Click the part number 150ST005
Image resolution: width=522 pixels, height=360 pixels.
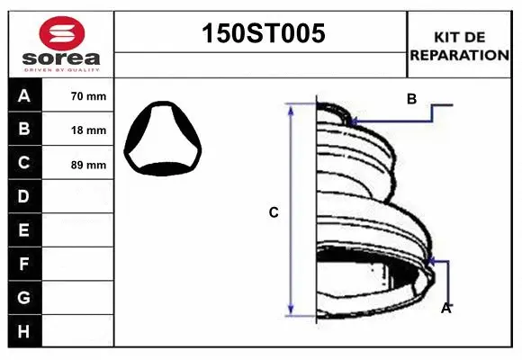click(x=260, y=34)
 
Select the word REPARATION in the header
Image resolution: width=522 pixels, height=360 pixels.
click(x=459, y=54)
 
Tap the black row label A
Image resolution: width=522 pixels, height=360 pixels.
click(x=22, y=95)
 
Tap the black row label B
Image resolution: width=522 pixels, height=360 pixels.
click(x=22, y=129)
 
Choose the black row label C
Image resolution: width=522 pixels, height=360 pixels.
click(x=22, y=163)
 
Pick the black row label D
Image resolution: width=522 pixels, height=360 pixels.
click(x=22, y=196)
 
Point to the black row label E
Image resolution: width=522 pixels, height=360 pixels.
click(x=22, y=230)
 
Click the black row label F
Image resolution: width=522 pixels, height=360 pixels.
click(x=22, y=264)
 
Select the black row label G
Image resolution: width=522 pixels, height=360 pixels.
click(x=22, y=297)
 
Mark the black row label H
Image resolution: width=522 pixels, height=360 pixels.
click(x=22, y=331)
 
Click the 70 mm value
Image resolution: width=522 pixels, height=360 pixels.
click(x=88, y=96)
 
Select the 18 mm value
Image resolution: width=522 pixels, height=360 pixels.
click(x=88, y=130)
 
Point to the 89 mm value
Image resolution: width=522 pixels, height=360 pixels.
click(x=88, y=165)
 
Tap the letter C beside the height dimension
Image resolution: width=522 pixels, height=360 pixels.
click(x=274, y=212)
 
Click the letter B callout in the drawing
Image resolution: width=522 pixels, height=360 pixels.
click(x=411, y=99)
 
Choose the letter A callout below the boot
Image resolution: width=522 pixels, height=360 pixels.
click(x=445, y=309)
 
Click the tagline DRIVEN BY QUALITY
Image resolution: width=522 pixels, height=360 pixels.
click(x=60, y=68)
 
